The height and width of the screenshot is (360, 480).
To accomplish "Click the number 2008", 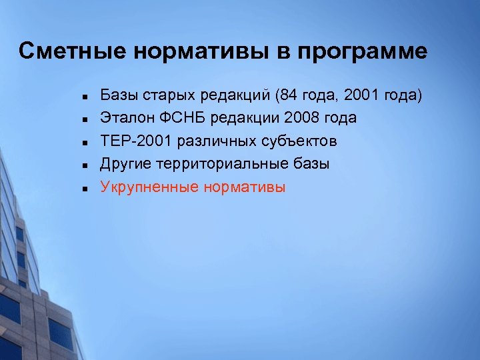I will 303,118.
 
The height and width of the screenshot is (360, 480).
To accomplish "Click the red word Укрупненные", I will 147,187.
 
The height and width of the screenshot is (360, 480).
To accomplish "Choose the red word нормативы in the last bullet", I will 244,187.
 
